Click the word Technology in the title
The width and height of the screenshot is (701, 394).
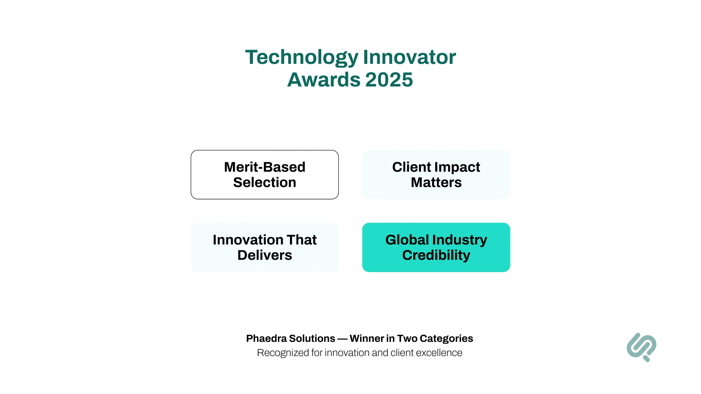click(x=302, y=57)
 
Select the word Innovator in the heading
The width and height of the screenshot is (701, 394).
click(x=409, y=57)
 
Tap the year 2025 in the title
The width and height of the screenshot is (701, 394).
click(x=389, y=80)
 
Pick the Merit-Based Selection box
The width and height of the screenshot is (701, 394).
click(x=264, y=174)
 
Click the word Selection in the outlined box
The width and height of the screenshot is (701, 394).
click(x=264, y=182)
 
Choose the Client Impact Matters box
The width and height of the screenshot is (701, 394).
click(x=436, y=174)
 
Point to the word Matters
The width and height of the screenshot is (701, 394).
click(x=436, y=182)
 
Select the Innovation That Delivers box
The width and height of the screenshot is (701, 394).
click(x=264, y=247)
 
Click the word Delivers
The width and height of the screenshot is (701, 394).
click(x=264, y=255)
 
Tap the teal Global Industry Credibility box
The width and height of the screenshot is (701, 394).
click(x=436, y=247)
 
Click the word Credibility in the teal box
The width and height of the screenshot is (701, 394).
click(x=436, y=255)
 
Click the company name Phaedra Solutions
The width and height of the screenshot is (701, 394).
click(x=290, y=339)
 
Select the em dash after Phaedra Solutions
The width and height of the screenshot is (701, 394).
click(x=342, y=339)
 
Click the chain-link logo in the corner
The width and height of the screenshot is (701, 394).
click(x=641, y=347)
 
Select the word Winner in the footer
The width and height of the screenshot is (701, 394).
click(x=367, y=339)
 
